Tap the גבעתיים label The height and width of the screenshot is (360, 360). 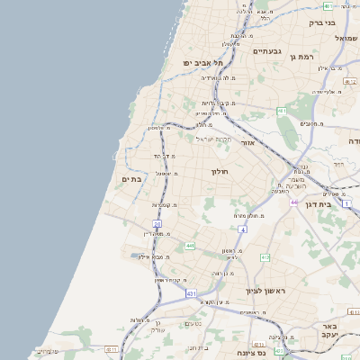tap(267, 51)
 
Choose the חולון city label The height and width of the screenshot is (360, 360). tap(220, 170)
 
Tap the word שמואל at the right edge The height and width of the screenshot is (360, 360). tap(346, 38)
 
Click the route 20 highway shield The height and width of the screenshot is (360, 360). tap(157, 223)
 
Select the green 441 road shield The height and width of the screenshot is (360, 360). tap(190, 245)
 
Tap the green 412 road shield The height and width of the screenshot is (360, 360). tap(265, 258)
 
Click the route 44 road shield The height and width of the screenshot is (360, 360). tap(293, 202)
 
